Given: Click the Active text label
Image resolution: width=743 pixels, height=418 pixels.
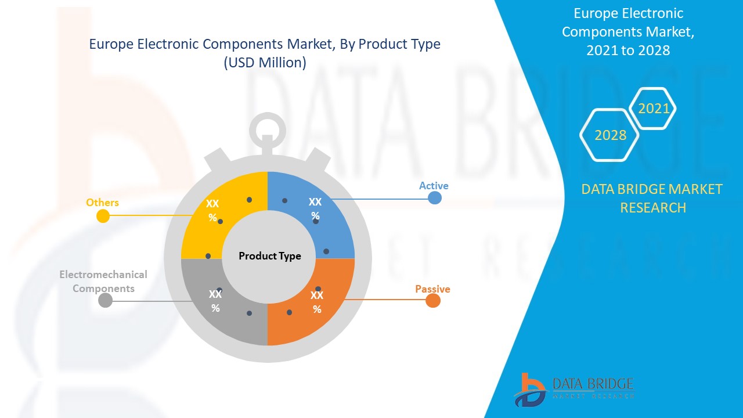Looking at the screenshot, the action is [x=434, y=185].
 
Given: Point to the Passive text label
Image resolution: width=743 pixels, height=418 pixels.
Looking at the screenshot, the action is [x=432, y=289].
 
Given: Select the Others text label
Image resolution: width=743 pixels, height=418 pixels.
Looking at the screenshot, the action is [x=102, y=203].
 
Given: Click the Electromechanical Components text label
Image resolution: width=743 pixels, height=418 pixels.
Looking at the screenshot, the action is [x=103, y=282].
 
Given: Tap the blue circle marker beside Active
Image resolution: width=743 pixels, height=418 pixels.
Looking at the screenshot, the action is [x=435, y=198].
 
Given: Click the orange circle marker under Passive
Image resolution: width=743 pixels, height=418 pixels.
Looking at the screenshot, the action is [x=433, y=301].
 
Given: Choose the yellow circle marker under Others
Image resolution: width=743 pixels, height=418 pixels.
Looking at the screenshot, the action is [x=103, y=217].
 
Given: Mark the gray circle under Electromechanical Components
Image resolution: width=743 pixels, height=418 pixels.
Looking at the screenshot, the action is [x=105, y=301].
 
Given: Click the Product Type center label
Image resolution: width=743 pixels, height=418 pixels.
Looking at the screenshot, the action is [x=270, y=256].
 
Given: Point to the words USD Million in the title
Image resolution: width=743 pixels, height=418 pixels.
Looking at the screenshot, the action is [x=265, y=62].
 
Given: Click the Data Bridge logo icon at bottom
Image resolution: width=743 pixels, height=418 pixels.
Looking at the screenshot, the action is [x=530, y=390].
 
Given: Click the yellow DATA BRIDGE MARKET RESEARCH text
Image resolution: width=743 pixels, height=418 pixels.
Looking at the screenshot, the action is [x=652, y=199].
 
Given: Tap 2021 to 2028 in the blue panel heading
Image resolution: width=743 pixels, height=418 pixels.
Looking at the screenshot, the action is [x=628, y=50].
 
